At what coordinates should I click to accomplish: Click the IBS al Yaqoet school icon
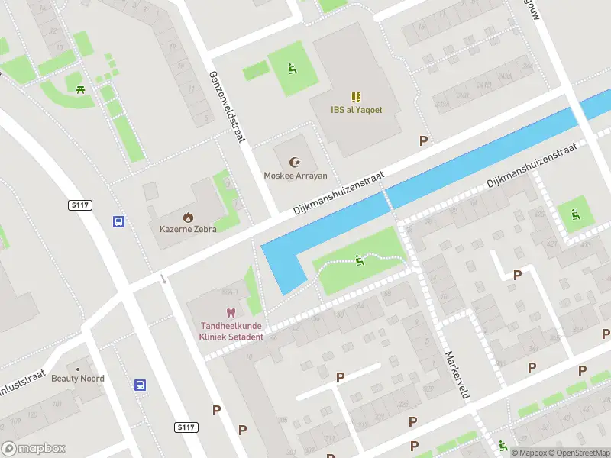pyautogui.click(x=356, y=96)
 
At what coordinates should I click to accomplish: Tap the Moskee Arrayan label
pyautogui.click(x=296, y=176)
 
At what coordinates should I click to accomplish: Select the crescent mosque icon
pyautogui.click(x=295, y=162)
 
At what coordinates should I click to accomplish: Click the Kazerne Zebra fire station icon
pyautogui.click(x=188, y=217)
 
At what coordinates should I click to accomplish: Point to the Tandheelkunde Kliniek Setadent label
pyautogui.click(x=231, y=331)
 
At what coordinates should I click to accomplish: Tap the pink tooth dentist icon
pyautogui.click(x=230, y=313)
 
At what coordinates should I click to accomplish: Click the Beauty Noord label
pyautogui.click(x=78, y=378)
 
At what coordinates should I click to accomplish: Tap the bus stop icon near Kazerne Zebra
pyautogui.click(x=119, y=221)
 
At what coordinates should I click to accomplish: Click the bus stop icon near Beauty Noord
pyautogui.click(x=141, y=385)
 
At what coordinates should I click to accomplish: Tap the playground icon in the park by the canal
pyautogui.click(x=359, y=261)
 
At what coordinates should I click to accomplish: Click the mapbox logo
pyautogui.click(x=34, y=449)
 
